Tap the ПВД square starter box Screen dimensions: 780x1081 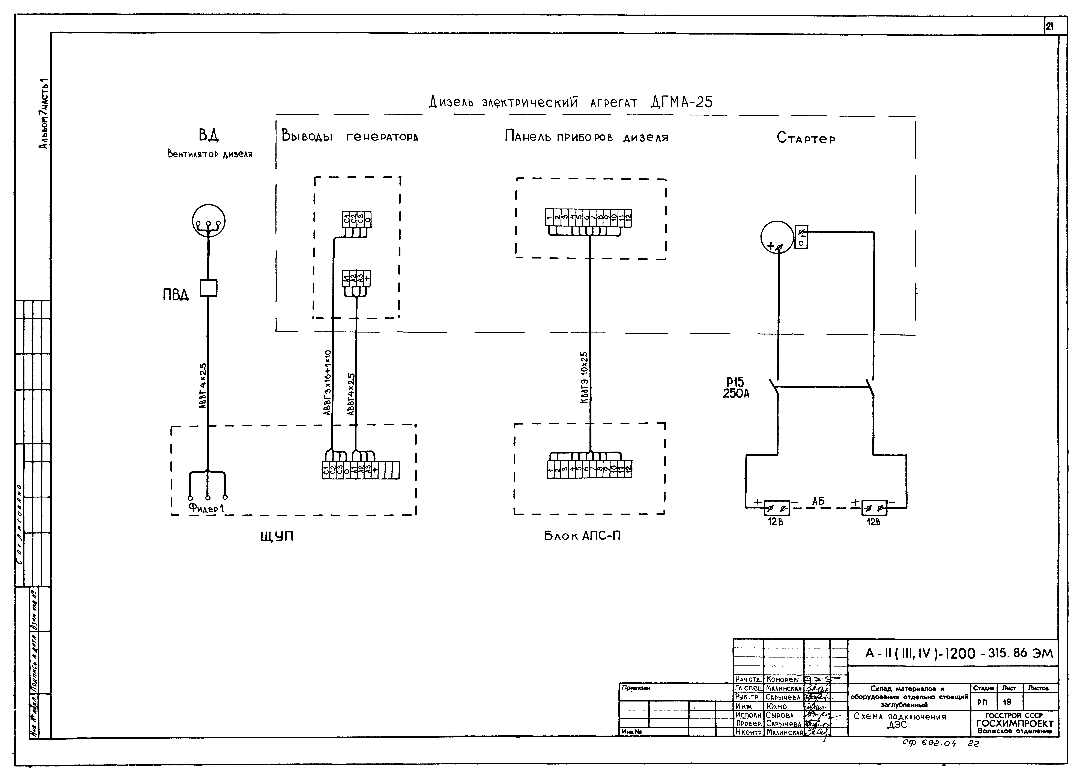click(208, 288)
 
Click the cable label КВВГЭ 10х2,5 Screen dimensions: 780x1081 click(584, 378)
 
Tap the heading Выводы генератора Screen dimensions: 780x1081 click(350, 137)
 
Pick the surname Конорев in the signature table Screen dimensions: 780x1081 click(782, 679)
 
